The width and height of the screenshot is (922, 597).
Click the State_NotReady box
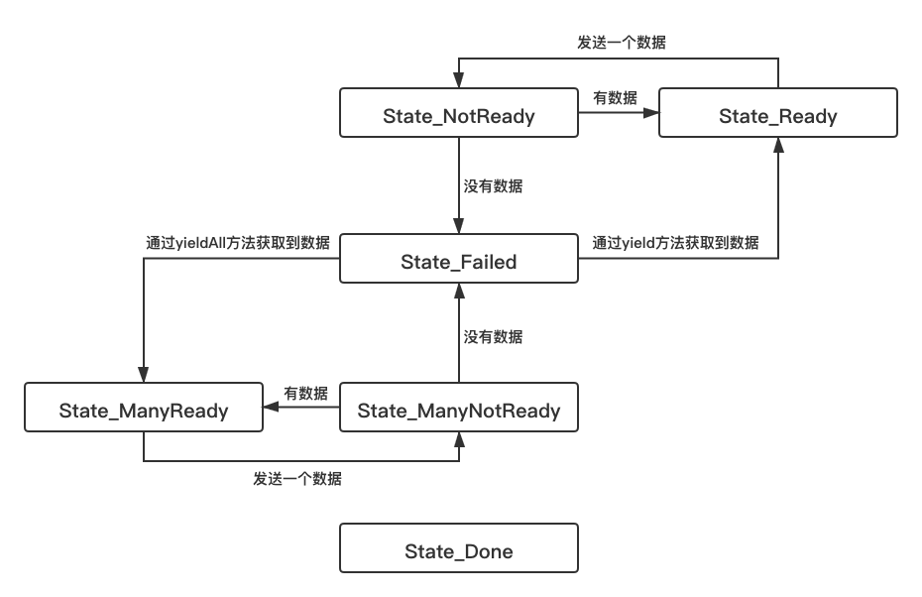459,113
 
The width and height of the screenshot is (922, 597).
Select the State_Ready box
778,113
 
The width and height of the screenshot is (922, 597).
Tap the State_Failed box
459,258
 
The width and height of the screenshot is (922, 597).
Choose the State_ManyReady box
144,407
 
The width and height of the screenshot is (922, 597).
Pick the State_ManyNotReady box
459,407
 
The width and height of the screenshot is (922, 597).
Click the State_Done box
459,547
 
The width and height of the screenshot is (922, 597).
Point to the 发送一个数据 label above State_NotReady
622,43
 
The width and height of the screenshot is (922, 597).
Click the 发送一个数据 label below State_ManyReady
297,479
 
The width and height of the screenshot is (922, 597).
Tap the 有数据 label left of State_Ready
615,97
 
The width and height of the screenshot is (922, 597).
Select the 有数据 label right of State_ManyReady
305,393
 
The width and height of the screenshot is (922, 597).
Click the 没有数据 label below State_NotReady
493,185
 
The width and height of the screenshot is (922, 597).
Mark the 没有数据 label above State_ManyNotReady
493,336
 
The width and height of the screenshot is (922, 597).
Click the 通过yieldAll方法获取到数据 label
238,243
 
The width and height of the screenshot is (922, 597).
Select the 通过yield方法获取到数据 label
675,243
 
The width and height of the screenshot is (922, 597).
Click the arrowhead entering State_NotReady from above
459,80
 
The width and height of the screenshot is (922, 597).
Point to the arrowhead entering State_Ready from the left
651,112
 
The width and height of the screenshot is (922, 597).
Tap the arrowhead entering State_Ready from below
778,145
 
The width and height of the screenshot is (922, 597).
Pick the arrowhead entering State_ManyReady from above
144,375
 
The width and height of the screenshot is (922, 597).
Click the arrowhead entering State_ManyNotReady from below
459,439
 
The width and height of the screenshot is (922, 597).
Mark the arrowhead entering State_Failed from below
459,291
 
